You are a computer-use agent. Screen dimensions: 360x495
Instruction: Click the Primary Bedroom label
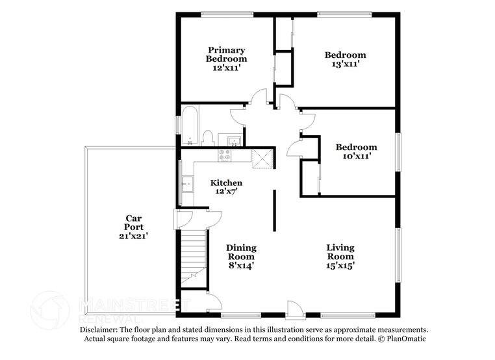[x=227, y=54]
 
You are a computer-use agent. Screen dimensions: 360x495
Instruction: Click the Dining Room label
[x=240, y=252]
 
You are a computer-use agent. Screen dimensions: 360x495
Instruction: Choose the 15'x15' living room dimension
[x=340, y=265]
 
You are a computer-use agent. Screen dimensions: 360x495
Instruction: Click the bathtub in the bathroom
[x=189, y=127]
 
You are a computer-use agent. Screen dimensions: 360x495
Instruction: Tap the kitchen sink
[x=187, y=184]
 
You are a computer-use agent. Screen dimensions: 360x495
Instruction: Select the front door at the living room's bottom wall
[x=294, y=309]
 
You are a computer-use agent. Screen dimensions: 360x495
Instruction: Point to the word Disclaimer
[x=100, y=329]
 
